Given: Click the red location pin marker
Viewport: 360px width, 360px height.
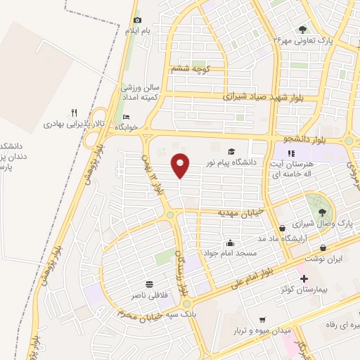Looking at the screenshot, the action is point(181,165).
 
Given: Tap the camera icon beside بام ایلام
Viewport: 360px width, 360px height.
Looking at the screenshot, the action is point(137,20).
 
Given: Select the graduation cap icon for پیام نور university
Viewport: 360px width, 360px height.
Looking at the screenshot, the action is point(231,151).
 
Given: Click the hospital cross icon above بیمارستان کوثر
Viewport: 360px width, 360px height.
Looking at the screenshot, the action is point(304,278).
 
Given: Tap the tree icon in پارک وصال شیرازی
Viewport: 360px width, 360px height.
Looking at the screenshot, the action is point(321,211).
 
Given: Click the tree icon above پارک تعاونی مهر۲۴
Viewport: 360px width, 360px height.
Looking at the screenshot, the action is point(302,30).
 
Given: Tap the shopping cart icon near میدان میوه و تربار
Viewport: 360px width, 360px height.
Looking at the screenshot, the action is point(262,319).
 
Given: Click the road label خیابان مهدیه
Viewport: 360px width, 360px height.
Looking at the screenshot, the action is point(239,212).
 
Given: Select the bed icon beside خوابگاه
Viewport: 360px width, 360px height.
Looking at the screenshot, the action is point(127,117).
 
